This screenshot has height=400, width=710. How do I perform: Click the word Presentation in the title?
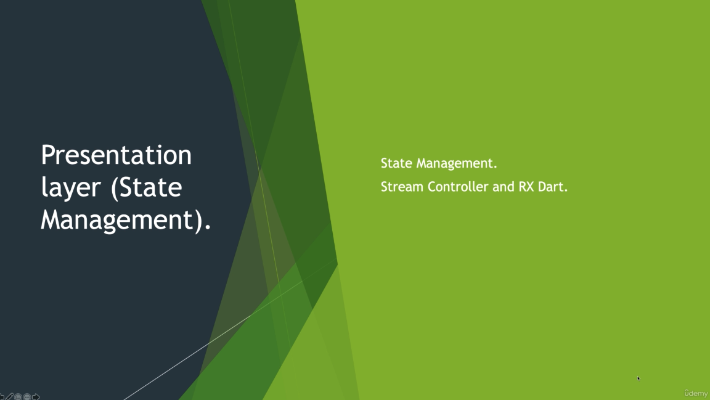(116, 155)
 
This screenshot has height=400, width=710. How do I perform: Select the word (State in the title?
(147, 188)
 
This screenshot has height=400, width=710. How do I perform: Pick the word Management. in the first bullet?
(457, 163)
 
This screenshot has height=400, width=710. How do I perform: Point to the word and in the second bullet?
(503, 187)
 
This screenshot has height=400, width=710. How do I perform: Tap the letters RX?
(526, 187)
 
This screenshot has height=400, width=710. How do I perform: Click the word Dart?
(553, 187)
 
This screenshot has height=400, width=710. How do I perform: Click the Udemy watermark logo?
(696, 393)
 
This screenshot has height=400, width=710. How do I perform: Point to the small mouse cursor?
(639, 378)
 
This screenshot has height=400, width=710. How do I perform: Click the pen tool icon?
(9, 397)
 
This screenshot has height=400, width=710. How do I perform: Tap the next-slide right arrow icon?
(36, 397)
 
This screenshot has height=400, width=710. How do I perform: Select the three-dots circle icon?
(27, 397)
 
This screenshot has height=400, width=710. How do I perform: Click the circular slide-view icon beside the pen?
(18, 397)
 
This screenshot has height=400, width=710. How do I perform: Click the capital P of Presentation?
(48, 155)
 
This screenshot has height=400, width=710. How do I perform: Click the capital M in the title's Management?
(52, 219)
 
